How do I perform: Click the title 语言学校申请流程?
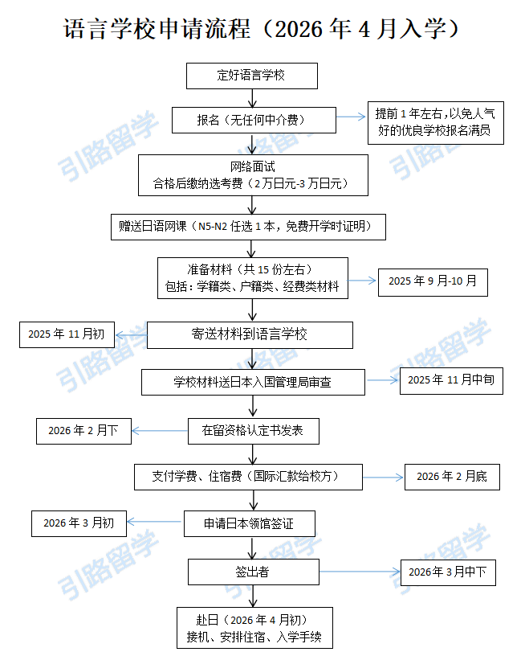pyautogui.click(x=262, y=30)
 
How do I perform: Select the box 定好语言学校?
pyautogui.click(x=252, y=76)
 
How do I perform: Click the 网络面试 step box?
pyautogui.click(x=253, y=175)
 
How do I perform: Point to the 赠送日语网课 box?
pyautogui.click(x=249, y=227)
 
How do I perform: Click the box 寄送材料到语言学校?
pyautogui.click(x=250, y=334)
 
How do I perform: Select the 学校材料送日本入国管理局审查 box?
pyautogui.click(x=253, y=383)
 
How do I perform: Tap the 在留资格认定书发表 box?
pyautogui.click(x=253, y=430)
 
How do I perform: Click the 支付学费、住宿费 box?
pyautogui.click(x=247, y=476)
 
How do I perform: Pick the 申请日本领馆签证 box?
pyautogui.click(x=249, y=523)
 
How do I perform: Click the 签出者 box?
pyautogui.click(x=253, y=572)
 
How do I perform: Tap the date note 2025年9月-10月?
pyautogui.click(x=433, y=281)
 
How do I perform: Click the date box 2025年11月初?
pyautogui.click(x=67, y=334)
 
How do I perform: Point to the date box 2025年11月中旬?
pyautogui.click(x=451, y=379)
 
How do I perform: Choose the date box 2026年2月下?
pyautogui.click(x=83, y=431)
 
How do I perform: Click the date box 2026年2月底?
pyautogui.click(x=452, y=477)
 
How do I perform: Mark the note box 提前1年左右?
pyautogui.click(x=436, y=122)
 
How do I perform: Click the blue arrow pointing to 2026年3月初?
pyautogui.click(x=155, y=523)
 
